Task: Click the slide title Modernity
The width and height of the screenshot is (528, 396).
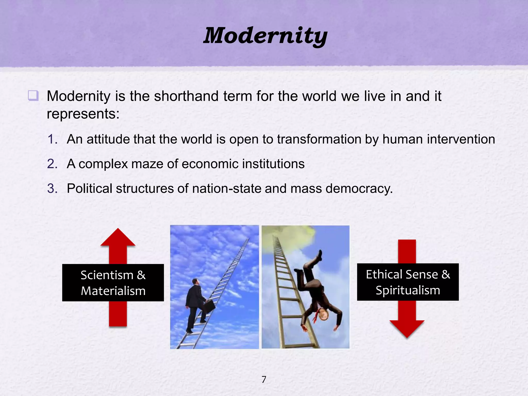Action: pos(265,36)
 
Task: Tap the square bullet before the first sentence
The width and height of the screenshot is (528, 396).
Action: pos(33,96)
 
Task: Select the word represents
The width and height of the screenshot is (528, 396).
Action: pos(83,114)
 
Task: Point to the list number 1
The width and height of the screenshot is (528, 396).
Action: pos(53,139)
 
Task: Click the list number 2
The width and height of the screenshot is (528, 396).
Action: pos(53,164)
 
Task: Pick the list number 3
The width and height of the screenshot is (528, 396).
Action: pos(53,188)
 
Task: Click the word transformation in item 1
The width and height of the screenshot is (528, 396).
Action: pos(319,139)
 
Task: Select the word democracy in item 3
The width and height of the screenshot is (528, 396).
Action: pos(359,188)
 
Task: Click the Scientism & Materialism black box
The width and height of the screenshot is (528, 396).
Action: pos(113,283)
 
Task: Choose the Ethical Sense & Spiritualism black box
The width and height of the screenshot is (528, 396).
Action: pos(408,282)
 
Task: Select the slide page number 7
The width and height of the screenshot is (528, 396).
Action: pos(264,379)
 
